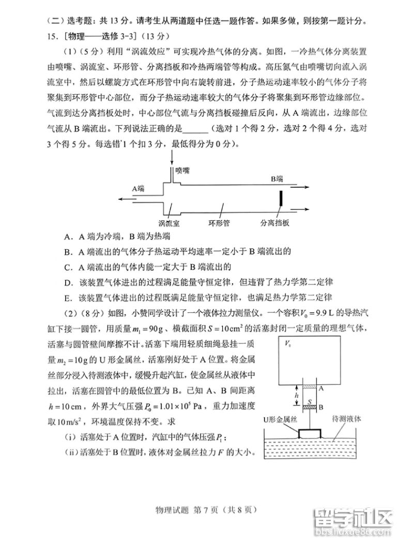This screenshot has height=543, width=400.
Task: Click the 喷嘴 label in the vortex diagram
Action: coord(182,170)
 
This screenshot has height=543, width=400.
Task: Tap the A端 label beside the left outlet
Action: coord(137,189)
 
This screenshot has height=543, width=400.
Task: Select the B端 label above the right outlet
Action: coord(278,179)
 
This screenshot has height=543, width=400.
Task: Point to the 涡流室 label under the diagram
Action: coord(170,223)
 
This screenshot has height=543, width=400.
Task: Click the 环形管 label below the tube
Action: coord(219,223)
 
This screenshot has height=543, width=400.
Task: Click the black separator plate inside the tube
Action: coord(281,199)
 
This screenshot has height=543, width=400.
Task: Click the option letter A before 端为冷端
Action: coord(68,237)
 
